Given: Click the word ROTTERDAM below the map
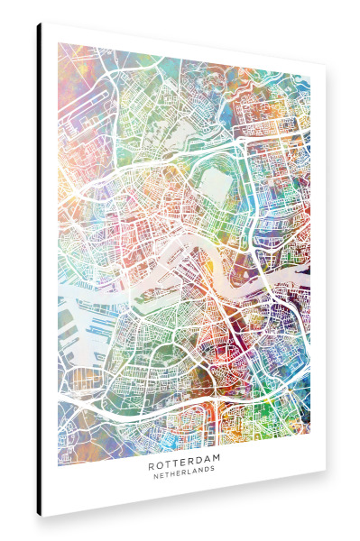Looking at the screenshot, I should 184,467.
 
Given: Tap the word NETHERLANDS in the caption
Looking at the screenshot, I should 184,477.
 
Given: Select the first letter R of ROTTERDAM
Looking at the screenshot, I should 148,467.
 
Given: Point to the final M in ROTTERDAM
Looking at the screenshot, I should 221,467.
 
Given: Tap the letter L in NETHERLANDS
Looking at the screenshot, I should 190,477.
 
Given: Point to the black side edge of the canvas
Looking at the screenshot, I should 38,270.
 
